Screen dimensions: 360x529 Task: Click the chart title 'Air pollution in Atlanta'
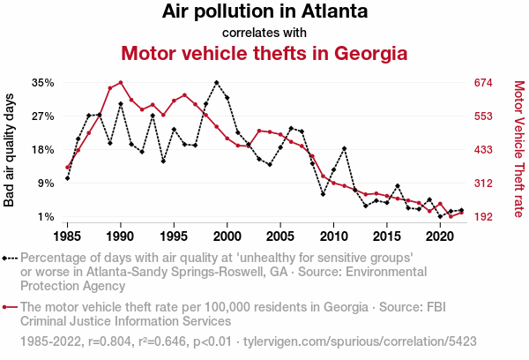[x=264, y=12]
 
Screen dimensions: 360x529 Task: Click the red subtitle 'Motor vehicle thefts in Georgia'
[x=264, y=53]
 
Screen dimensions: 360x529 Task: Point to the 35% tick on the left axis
[x=43, y=83]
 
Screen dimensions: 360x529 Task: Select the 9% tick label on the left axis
[x=47, y=184]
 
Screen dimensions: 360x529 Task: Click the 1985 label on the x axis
[x=68, y=236]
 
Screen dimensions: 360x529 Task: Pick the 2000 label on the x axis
[x=227, y=236]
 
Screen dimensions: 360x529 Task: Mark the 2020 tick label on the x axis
[x=440, y=236]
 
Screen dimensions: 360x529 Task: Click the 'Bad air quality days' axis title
[x=10, y=150]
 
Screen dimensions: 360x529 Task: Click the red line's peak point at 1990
[x=121, y=83]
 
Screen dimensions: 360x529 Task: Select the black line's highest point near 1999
[x=217, y=82]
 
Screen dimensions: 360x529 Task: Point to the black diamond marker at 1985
[x=67, y=178]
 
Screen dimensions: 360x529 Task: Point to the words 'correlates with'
[x=264, y=33]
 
